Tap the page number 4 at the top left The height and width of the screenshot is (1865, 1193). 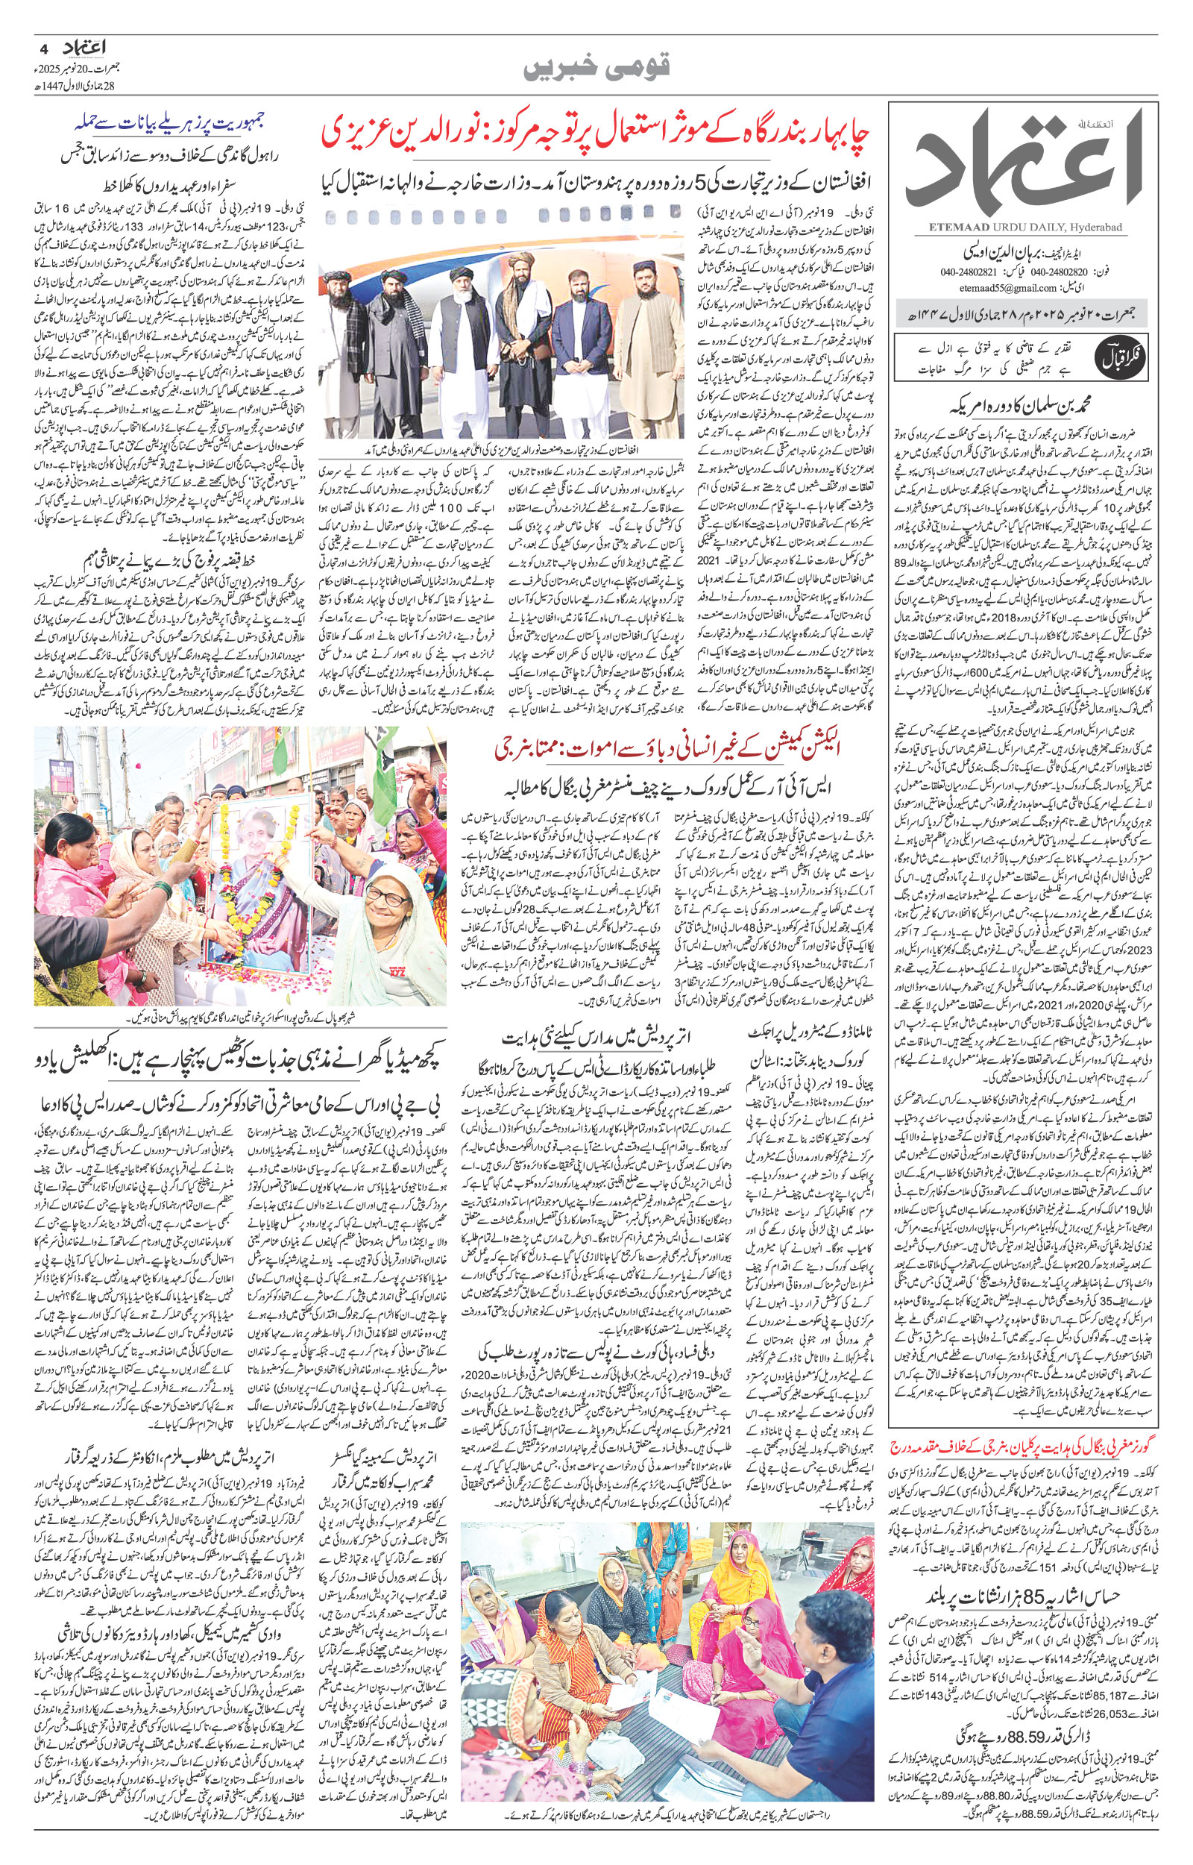43,48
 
